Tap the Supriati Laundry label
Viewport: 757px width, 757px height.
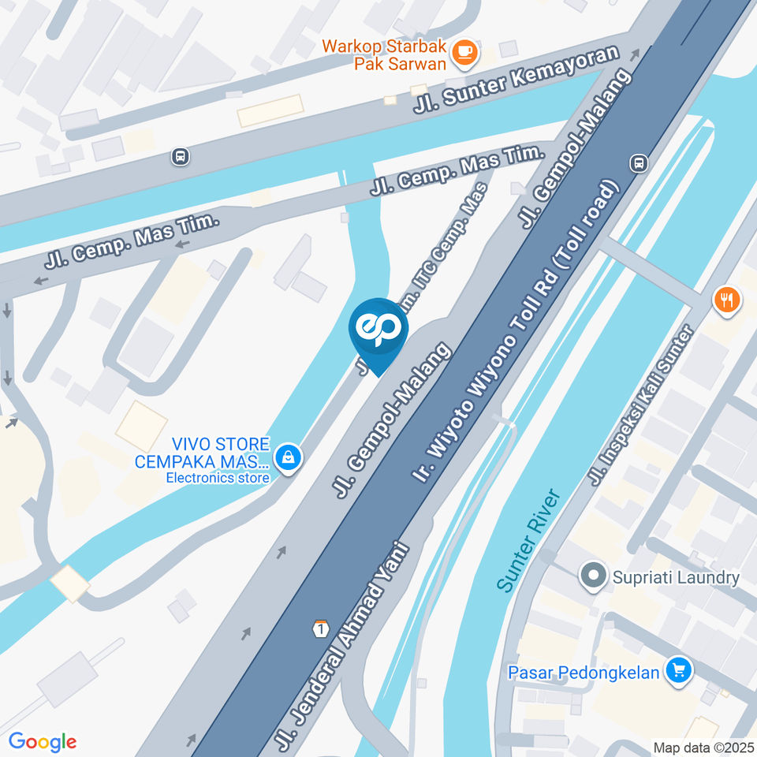(677, 577)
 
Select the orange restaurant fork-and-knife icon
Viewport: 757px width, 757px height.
(726, 300)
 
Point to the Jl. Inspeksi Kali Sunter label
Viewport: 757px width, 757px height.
(641, 406)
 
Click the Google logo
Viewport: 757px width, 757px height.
(43, 741)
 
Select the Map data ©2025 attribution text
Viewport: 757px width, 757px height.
(703, 747)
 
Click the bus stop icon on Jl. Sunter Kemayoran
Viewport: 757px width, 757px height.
(181, 157)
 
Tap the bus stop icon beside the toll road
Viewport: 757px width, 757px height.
(638, 163)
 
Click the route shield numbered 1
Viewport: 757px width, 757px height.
(320, 628)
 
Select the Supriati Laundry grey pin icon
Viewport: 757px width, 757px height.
(592, 577)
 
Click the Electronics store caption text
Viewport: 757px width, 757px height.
(216, 478)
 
